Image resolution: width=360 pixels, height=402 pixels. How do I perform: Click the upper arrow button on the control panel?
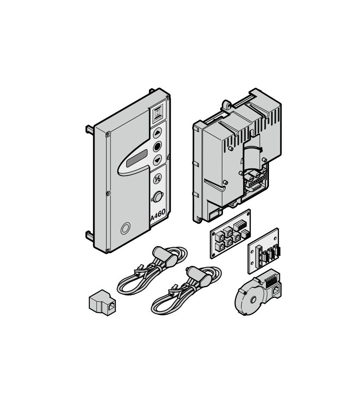(157, 133)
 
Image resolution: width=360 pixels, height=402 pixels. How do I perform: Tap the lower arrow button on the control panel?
(157, 160)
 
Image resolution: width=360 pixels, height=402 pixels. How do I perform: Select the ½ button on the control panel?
(157, 179)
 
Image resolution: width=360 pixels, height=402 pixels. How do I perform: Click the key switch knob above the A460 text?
(157, 197)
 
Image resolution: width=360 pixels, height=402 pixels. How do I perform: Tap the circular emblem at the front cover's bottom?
(125, 228)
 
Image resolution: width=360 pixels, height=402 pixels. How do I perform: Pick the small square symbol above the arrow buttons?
(158, 113)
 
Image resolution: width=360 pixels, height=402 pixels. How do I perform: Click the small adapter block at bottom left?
(102, 303)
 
